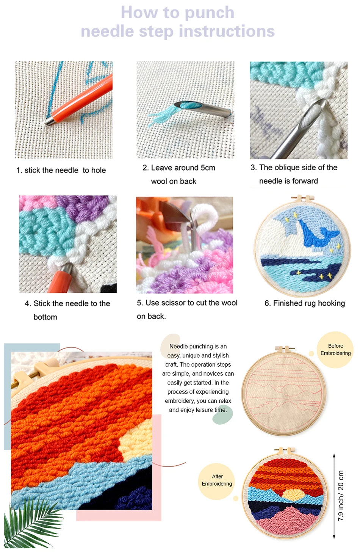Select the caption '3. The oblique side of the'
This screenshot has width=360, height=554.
pyautogui.click(x=294, y=168)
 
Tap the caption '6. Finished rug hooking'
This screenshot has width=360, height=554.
pyautogui.click(x=305, y=303)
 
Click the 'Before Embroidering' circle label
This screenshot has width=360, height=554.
pyautogui.click(x=335, y=350)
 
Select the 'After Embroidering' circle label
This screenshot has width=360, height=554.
pyautogui.click(x=217, y=480)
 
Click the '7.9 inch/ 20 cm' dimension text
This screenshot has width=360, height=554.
pyautogui.click(x=341, y=495)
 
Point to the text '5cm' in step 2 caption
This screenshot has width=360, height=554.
pyautogui.click(x=208, y=168)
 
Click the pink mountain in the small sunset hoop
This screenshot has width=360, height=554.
pyautogui.click(x=288, y=519)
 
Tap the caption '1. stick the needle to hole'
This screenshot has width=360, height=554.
pyautogui.click(x=61, y=170)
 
